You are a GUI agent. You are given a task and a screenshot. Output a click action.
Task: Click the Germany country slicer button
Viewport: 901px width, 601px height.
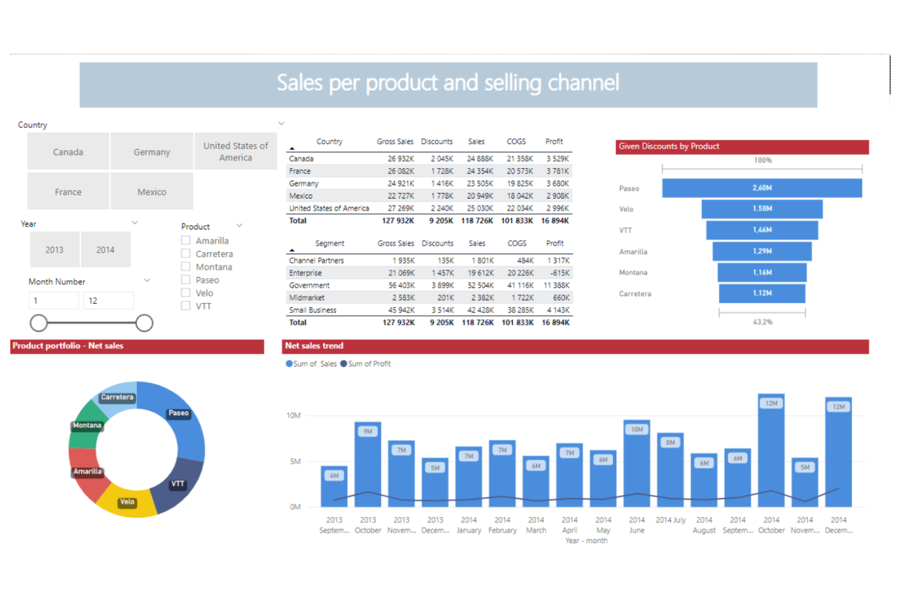[x=152, y=152]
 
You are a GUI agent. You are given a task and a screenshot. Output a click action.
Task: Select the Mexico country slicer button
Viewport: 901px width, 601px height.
[x=152, y=192]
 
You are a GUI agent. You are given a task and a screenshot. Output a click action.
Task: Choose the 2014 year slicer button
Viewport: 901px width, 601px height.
[x=105, y=250]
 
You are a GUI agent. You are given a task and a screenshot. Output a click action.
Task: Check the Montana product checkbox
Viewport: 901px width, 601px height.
[x=186, y=267]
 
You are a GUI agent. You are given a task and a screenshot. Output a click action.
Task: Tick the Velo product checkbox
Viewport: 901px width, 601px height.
[x=186, y=293]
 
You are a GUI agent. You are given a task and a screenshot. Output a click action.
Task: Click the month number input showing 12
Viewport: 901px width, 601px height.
[x=109, y=301]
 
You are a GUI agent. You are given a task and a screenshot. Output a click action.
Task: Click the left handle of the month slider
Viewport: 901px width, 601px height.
[x=38, y=323]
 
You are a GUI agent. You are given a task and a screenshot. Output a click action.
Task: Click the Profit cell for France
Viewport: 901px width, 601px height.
[x=557, y=171]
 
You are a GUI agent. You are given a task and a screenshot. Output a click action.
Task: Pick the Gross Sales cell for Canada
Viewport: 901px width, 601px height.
[x=401, y=159]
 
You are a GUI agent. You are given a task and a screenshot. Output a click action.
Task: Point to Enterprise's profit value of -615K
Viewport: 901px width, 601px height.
[x=559, y=273]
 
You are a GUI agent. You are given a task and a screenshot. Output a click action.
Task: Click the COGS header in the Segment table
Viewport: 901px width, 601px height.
[x=517, y=243]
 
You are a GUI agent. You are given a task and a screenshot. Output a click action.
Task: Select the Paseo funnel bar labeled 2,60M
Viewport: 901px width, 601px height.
[x=762, y=188]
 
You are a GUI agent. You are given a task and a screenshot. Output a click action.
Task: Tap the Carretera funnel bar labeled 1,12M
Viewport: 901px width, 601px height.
[x=762, y=293]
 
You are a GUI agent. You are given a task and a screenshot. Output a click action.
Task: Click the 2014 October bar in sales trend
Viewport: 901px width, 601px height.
[x=771, y=454]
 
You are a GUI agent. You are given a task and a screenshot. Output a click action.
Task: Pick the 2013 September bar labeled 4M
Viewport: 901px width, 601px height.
[x=334, y=487]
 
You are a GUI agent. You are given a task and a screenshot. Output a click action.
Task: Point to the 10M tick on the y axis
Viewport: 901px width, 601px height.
[x=293, y=415]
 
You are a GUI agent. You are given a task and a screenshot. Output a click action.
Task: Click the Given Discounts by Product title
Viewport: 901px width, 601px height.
[x=668, y=146]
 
